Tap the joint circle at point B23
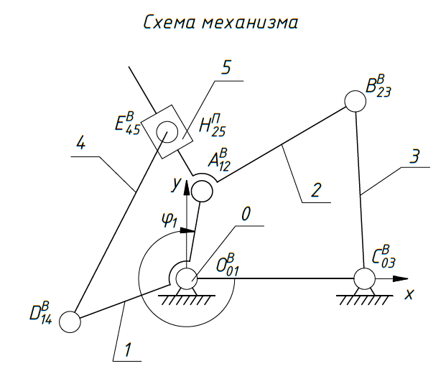(355, 101)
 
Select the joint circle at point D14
(70, 321)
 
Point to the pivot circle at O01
(187, 277)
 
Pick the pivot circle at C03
(363, 277)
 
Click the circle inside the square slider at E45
(167, 131)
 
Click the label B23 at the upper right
(378, 85)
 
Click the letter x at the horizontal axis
(409, 293)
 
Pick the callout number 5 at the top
(226, 68)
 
